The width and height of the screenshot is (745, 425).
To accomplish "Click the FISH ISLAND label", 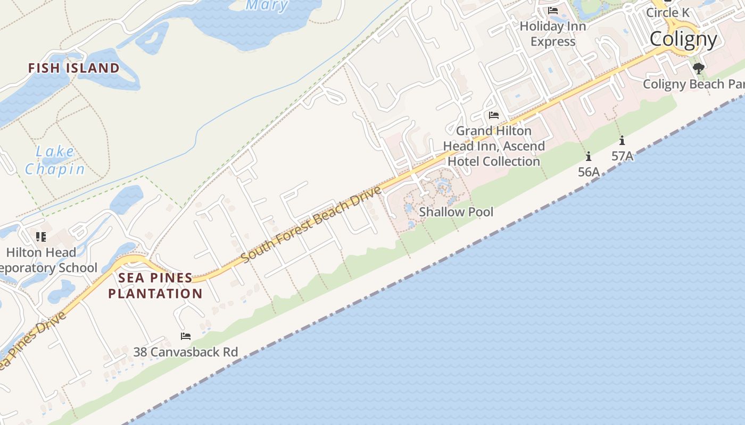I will coord(73,68).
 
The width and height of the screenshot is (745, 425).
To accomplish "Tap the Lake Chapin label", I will coord(55,160).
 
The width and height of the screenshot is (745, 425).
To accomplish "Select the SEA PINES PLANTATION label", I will coord(155,285).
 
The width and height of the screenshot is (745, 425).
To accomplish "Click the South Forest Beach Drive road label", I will coord(311,224).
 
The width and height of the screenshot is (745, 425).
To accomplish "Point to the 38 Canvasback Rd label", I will coord(185,352).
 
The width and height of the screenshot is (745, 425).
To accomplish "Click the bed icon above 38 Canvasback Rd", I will coord(186,336).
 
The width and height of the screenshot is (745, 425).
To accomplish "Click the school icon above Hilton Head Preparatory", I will coord(41,236).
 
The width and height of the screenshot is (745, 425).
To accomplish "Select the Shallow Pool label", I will coord(456,212).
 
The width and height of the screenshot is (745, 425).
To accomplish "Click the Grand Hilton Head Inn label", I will coord(494,146).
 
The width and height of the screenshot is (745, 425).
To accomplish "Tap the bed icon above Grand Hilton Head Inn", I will coord(494,115).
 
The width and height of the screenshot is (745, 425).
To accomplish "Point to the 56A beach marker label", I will coord(589,172).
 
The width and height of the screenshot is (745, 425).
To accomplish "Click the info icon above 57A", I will coord(622,141).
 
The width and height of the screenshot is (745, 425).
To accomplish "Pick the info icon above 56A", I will coord(589,156).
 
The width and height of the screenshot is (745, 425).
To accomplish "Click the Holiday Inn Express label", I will coord(553,33).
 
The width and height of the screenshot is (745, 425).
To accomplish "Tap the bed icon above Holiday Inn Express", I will coord(553,11).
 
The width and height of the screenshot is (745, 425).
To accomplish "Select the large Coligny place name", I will coord(683,39).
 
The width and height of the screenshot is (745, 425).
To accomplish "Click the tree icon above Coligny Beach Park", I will coord(699,68).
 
